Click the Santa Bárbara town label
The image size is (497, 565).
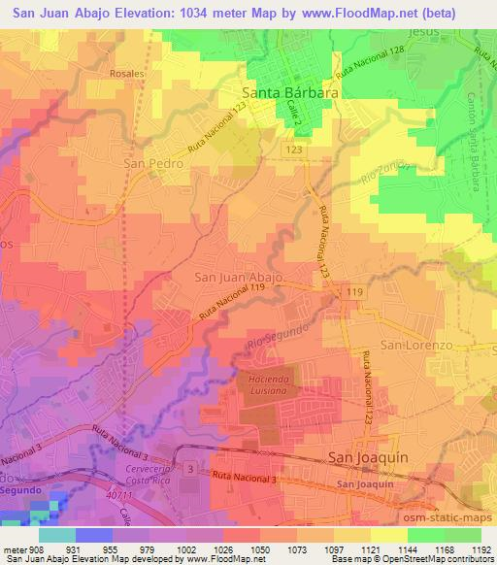point(289,93)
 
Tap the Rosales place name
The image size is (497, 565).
point(126,73)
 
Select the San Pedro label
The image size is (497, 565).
point(153,164)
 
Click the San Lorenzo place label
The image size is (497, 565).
point(416,346)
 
